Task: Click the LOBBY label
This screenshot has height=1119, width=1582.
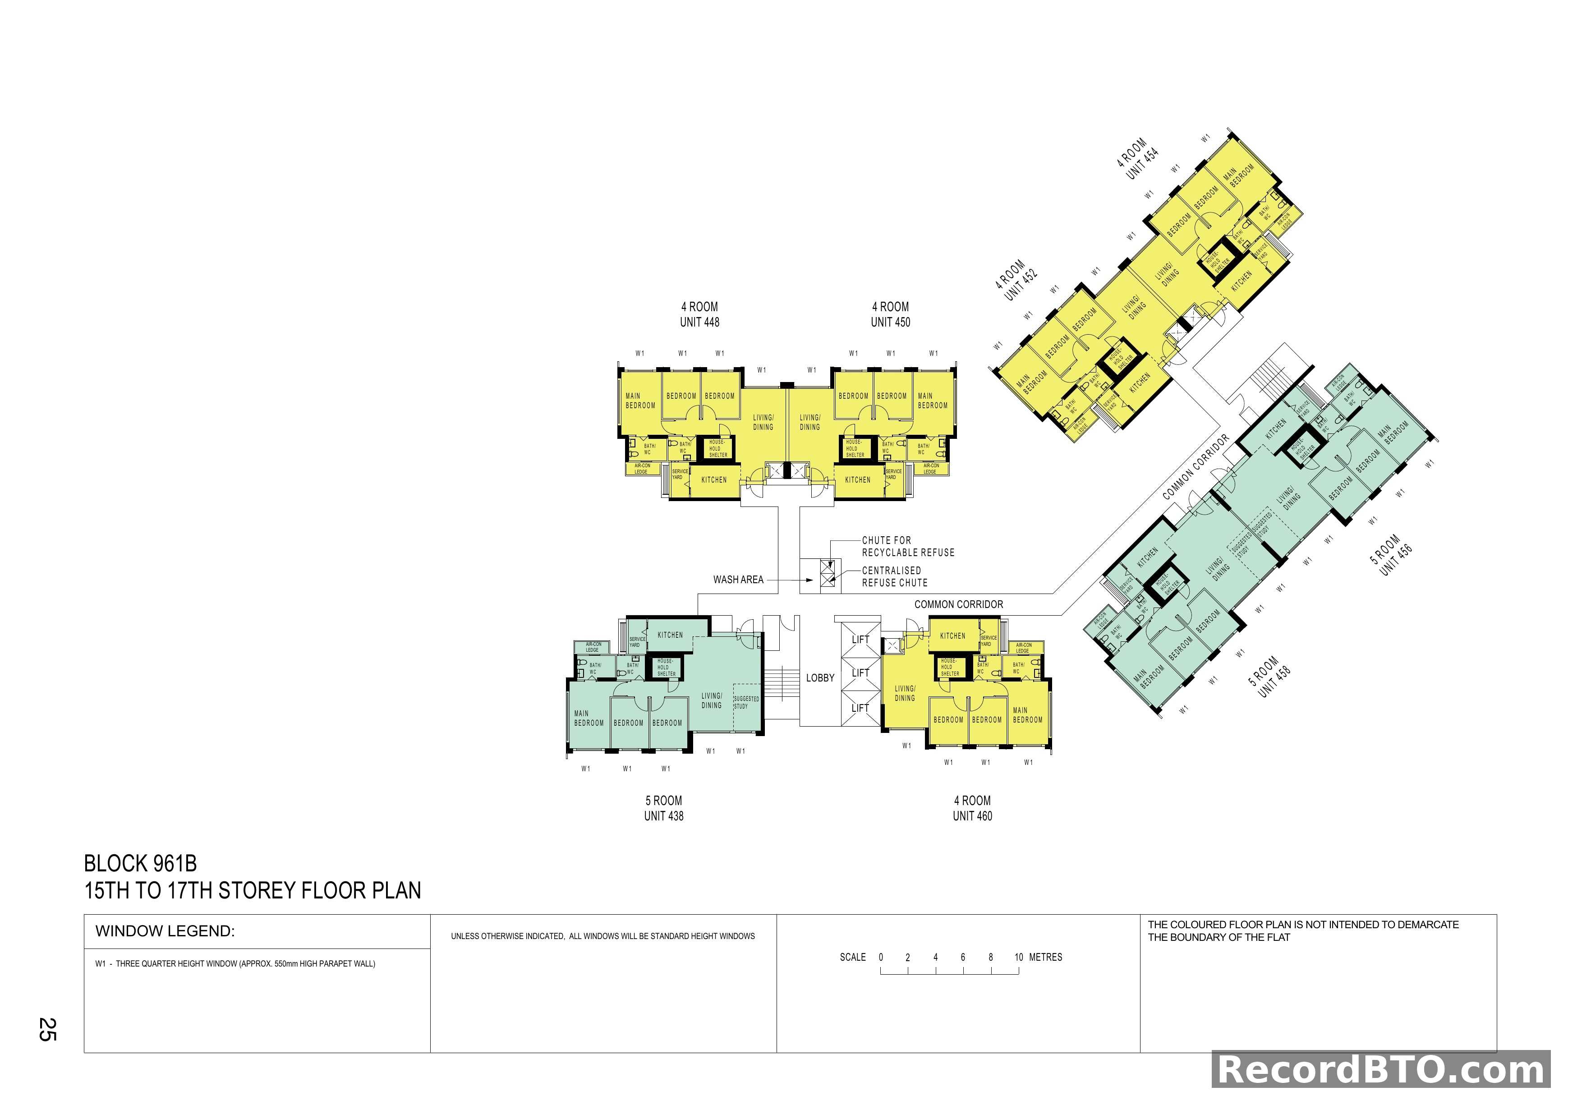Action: pyautogui.click(x=820, y=678)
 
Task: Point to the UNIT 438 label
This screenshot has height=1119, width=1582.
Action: pyautogui.click(x=663, y=816)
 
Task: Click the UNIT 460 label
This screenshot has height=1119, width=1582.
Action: pyautogui.click(x=972, y=816)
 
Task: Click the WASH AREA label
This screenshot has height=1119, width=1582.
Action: pyautogui.click(x=738, y=580)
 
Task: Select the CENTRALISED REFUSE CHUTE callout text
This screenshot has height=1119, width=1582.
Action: pyautogui.click(x=894, y=577)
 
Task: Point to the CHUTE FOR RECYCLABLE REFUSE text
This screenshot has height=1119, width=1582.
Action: pyautogui.click(x=907, y=546)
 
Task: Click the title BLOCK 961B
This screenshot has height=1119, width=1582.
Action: pyautogui.click(x=141, y=863)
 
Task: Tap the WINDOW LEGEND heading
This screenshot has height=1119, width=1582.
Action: pyautogui.click(x=166, y=931)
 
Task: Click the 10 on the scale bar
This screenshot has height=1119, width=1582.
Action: pyautogui.click(x=1018, y=957)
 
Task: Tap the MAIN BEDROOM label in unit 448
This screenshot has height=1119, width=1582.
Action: pyautogui.click(x=640, y=401)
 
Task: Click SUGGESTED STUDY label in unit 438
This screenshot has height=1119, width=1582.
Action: pyautogui.click(x=745, y=702)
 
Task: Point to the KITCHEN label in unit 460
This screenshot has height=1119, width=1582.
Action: pyautogui.click(x=952, y=636)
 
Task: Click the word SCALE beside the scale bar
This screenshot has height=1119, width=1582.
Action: pyautogui.click(x=852, y=957)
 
